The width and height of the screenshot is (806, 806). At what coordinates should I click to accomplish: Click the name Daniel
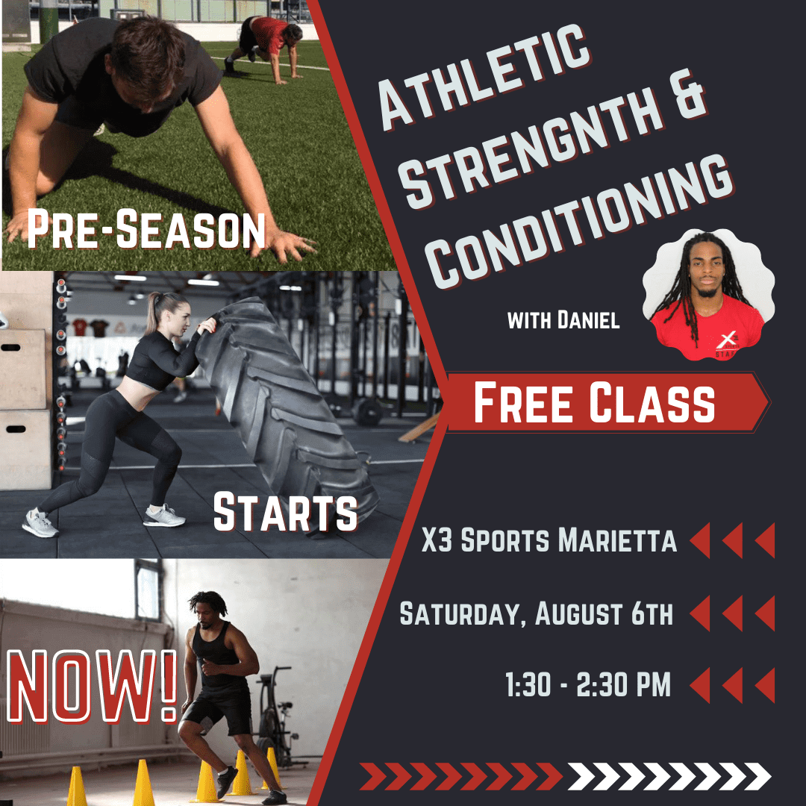pyautogui.click(x=588, y=319)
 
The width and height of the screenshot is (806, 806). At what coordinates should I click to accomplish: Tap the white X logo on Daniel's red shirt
pyautogui.click(x=727, y=340)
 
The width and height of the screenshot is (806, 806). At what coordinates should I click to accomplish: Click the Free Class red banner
pyautogui.click(x=607, y=402)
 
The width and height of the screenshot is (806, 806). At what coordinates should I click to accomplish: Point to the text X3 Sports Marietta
pyautogui.click(x=549, y=540)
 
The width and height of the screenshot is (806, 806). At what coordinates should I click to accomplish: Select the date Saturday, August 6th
pyautogui.click(x=536, y=613)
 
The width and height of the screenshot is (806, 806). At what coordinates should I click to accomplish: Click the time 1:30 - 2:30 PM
pyautogui.click(x=588, y=684)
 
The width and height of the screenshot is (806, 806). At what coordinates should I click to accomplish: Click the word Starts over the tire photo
pyautogui.click(x=285, y=512)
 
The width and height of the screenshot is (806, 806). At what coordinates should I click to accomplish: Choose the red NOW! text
pyautogui.click(x=92, y=687)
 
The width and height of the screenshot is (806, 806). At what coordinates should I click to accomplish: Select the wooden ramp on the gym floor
pyautogui.click(x=419, y=428)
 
